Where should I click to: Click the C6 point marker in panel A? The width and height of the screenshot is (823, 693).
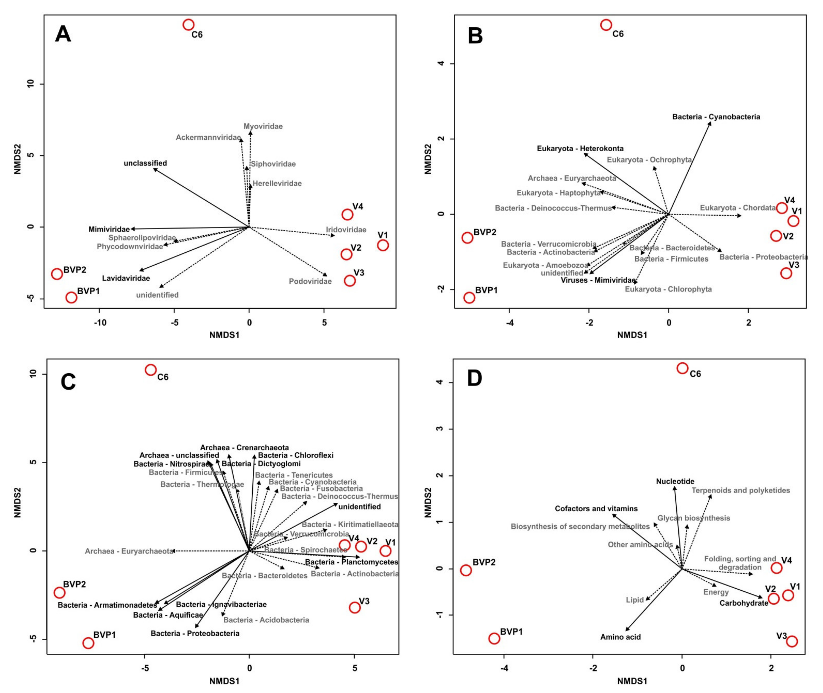point(189,25)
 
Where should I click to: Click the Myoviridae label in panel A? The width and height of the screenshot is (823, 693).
point(263,126)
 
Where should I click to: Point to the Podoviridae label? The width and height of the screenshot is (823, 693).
point(310,281)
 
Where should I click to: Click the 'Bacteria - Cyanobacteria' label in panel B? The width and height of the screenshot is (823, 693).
point(716,117)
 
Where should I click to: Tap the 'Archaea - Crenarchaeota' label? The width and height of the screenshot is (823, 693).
point(244,448)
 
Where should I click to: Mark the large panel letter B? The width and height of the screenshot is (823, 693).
point(475,36)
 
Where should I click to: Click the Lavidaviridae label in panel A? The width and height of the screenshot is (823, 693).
point(126,278)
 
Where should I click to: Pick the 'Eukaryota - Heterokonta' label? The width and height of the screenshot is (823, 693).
point(580,149)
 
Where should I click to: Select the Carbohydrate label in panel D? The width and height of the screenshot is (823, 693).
point(744,603)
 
